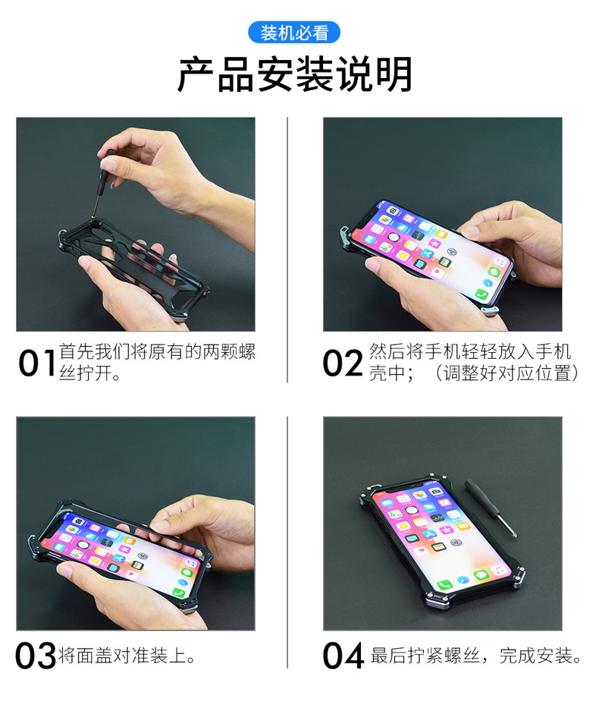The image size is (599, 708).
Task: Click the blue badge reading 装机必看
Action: tap(294, 33)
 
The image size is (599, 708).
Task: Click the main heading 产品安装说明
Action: tap(295, 74)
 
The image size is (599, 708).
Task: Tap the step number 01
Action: tap(37, 363)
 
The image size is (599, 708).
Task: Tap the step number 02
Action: tap(343, 363)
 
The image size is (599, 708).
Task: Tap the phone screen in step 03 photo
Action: tap(121, 550)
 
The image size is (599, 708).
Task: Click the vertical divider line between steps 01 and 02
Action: tap(287, 250)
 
